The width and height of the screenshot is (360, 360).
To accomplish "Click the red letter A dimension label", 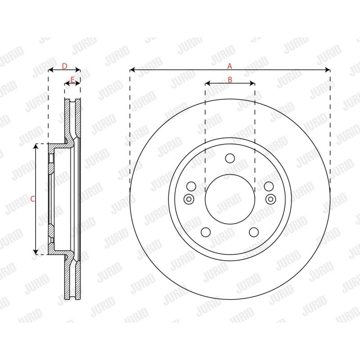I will point(229,66).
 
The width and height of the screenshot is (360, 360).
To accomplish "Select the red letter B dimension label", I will point(229,80).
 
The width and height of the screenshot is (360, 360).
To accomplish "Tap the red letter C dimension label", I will point(32,198).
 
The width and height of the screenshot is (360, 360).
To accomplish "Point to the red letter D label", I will point(64,66).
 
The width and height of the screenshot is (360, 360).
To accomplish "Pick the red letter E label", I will point(72,80).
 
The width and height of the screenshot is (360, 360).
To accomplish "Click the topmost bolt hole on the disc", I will point(230,158).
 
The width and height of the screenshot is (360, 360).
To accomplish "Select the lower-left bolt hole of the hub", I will point(206,232).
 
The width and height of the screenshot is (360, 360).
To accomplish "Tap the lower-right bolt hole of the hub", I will point(254,232).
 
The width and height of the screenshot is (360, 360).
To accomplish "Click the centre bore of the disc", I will point(230,198).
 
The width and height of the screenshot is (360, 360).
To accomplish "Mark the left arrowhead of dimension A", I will point(132,70).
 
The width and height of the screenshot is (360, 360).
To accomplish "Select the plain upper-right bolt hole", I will point(269,186).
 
